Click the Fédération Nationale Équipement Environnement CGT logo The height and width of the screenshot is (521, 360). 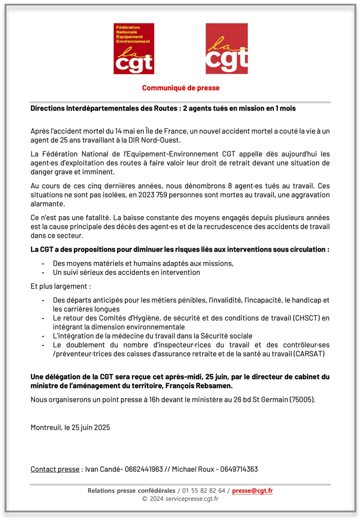pyautogui.click(x=134, y=49)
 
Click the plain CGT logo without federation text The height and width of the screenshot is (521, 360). pyautogui.click(x=226, y=49)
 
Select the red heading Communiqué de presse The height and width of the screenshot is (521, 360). pyautogui.click(x=181, y=88)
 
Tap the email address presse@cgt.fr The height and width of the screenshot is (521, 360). pyautogui.click(x=252, y=491)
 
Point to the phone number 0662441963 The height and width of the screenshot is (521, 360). pyautogui.click(x=144, y=469)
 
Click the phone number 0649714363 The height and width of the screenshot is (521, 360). pyautogui.click(x=239, y=469)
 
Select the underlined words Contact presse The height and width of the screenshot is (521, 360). pyautogui.click(x=55, y=469)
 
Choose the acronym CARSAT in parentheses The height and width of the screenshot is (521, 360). pyautogui.click(x=309, y=354)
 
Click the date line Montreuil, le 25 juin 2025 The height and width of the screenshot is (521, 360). pyautogui.click(x=70, y=428)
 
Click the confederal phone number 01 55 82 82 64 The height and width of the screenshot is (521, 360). pyautogui.click(x=204, y=491)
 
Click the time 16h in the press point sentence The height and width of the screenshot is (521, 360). pyautogui.click(x=154, y=400)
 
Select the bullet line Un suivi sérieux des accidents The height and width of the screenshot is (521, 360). pyautogui.click(x=126, y=272)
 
